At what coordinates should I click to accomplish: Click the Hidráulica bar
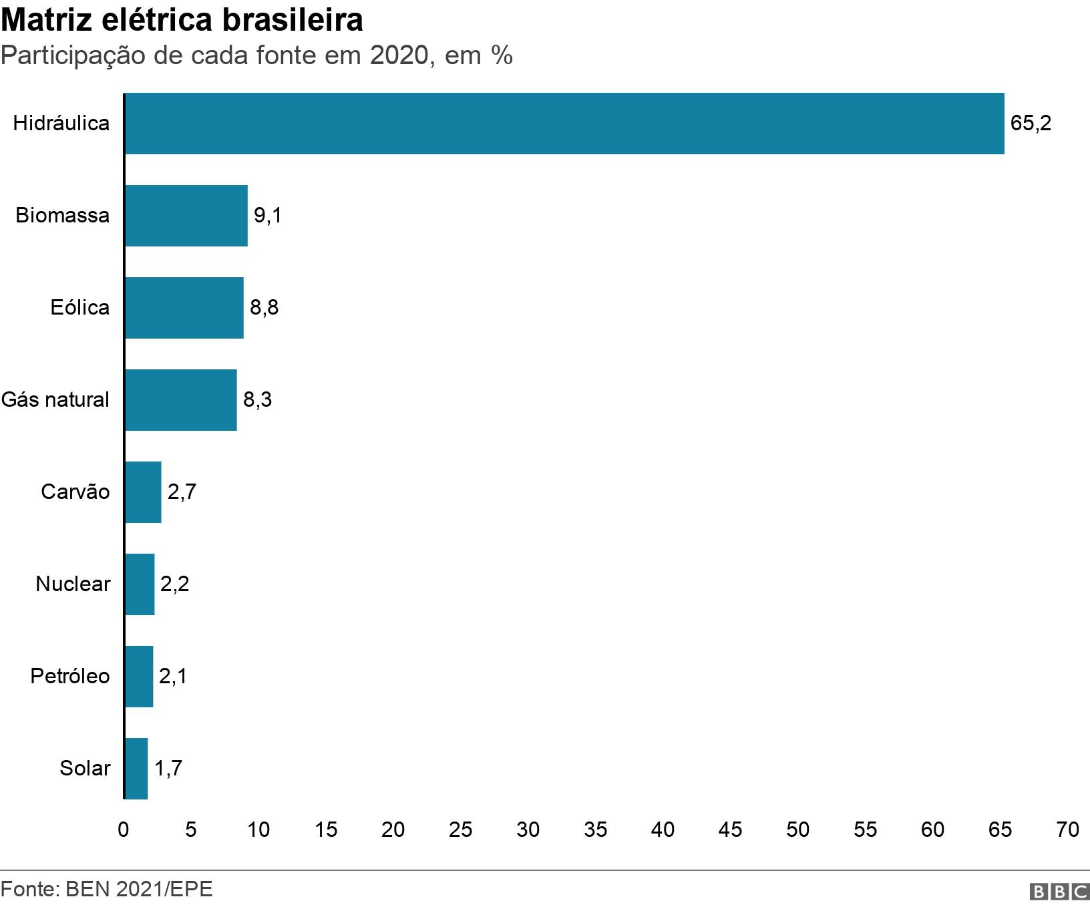coord(564,124)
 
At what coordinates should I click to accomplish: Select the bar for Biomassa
coord(186,216)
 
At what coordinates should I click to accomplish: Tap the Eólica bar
coord(184,308)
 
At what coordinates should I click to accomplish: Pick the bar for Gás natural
coord(181,400)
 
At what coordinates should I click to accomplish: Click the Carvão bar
coord(143,492)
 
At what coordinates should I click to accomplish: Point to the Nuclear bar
coord(140,584)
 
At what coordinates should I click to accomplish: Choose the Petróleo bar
coord(139,677)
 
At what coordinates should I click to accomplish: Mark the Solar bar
coord(136,769)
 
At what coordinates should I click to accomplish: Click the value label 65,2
coord(1031,124)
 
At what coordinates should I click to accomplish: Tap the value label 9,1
coord(268,216)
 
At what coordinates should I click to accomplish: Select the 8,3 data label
coord(257,400)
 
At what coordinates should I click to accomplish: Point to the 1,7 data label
coord(168,769)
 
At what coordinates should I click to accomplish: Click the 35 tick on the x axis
coord(595,830)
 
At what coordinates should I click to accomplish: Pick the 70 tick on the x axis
coord(1067,830)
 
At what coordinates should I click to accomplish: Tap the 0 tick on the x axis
coord(124,830)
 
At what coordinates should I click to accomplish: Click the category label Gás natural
coord(55,400)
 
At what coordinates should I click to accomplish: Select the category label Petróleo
coord(70,677)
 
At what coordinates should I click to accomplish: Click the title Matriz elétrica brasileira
coord(182,20)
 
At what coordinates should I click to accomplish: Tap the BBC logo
coord(1059,892)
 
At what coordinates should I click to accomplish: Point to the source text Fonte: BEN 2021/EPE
coord(107,890)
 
